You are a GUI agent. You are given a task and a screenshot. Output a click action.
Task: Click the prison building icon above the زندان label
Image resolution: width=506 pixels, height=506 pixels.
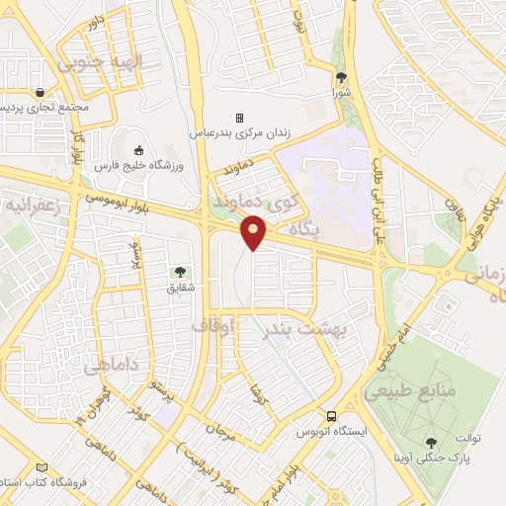pos(238,117)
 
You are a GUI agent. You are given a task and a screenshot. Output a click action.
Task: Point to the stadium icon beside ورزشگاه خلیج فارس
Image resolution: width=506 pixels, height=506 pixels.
pos(138,150)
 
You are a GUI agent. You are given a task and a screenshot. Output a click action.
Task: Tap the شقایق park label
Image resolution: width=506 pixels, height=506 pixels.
pos(179,288)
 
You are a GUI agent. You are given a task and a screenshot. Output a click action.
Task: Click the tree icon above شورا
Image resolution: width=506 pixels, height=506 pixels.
pos(342,77)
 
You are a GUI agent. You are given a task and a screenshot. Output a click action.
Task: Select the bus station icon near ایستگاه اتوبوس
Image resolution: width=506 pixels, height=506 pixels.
pos(332,416)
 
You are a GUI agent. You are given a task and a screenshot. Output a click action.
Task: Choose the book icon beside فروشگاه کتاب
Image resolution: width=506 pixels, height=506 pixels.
pos(41,467)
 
